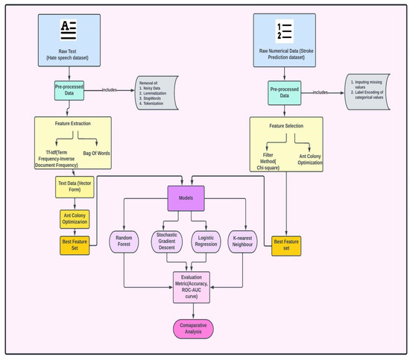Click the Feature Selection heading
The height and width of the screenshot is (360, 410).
286,127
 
